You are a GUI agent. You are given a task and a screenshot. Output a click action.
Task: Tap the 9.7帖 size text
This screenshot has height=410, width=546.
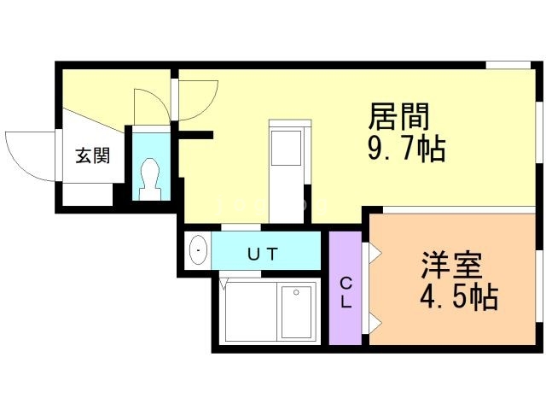(406, 149)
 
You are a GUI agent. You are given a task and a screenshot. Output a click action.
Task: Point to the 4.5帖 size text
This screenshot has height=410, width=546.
(458, 298)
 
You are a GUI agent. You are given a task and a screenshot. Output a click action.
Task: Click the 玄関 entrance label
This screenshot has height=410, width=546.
(91, 156)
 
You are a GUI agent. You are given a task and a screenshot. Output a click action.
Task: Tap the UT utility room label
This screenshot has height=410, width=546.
(263, 253)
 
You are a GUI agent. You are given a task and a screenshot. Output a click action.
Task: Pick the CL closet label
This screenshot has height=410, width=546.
(346, 292)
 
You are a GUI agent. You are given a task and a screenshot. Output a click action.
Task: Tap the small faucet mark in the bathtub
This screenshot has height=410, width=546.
(297, 292)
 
